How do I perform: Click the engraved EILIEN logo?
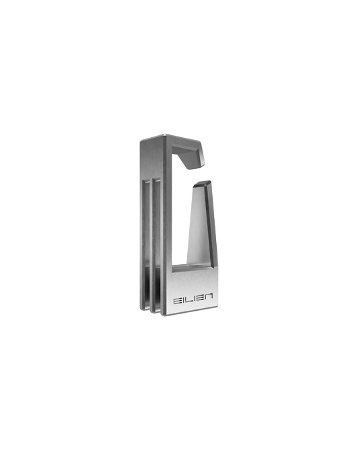click(193, 299)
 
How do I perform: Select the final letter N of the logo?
click(209, 297)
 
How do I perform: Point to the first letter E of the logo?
click(177, 301)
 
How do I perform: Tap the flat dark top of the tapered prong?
click(203, 183)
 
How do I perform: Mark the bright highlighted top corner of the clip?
click(164, 135)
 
